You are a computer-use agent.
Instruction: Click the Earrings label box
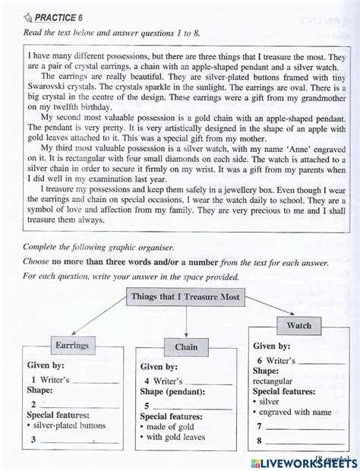(72, 346)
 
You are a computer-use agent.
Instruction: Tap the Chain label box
(186, 347)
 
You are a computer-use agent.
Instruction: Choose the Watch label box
(298, 326)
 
